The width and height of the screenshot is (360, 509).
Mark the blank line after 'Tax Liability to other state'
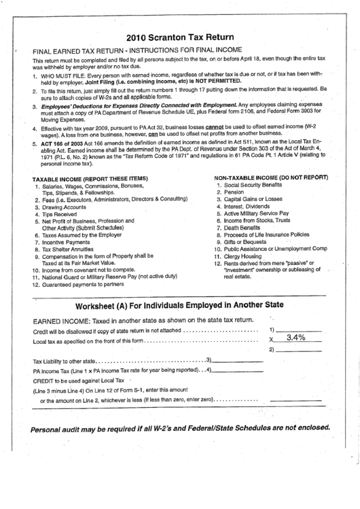(x=240, y=359)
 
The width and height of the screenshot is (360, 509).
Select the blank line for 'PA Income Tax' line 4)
(x=240, y=370)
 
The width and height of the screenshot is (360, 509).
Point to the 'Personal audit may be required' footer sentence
(x=179, y=429)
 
